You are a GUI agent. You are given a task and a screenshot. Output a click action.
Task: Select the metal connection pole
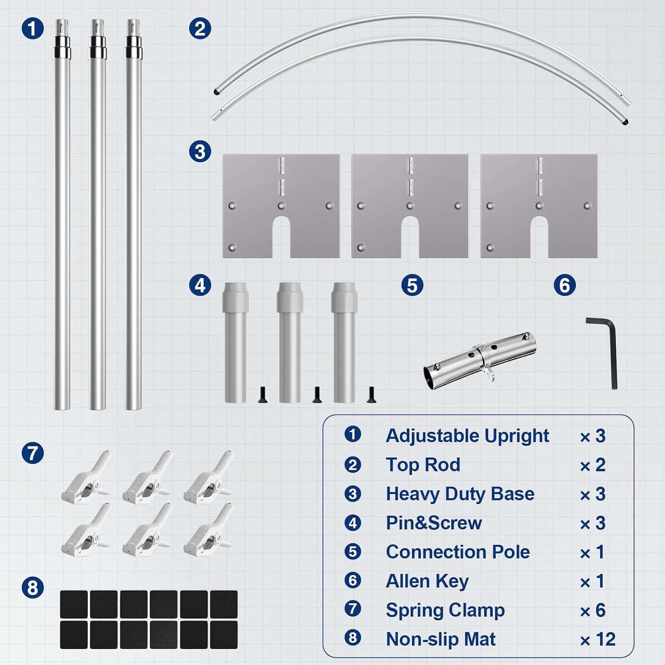pos(480,360)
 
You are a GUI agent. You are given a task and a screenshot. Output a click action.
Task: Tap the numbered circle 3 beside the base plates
pos(200,151)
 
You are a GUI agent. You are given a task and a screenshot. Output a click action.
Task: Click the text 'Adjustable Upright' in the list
pos(467,435)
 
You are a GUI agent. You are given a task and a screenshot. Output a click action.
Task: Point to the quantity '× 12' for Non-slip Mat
pos(598,639)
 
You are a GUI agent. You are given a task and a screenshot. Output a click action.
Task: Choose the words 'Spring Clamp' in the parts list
pos(445,610)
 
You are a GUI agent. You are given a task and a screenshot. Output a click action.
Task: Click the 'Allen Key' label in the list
pos(427,581)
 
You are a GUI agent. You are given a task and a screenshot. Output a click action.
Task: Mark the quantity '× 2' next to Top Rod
pos(593,465)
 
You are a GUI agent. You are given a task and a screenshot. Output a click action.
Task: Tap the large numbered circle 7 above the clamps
pos(33,453)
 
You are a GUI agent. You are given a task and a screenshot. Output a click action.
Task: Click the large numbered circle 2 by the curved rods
pos(200,28)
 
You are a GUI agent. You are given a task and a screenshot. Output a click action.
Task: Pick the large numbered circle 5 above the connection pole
pos(412,285)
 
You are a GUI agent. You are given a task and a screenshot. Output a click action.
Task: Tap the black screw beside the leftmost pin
pos(262,395)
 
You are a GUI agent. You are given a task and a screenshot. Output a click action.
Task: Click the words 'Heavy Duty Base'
pos(460,494)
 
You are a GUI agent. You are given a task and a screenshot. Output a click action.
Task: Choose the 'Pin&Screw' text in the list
pos(434,523)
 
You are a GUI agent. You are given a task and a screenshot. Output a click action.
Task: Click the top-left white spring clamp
pos(86,477)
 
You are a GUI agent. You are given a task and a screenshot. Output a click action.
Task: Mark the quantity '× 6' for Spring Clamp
pos(593,610)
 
